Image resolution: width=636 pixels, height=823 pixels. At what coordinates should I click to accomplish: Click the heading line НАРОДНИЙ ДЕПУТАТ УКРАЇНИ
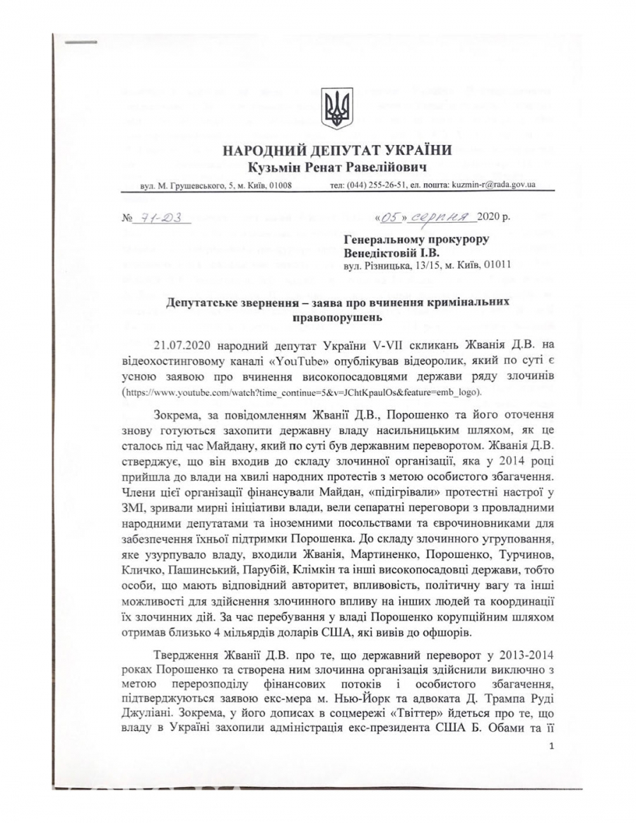[337, 151]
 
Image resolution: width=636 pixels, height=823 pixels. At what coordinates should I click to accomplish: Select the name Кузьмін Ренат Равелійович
[337, 167]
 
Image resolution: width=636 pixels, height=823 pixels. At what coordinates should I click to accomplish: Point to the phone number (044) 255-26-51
[379, 185]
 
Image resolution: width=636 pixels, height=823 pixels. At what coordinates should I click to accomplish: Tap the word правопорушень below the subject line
[337, 317]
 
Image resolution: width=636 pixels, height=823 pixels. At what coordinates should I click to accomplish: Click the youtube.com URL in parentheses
[304, 390]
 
